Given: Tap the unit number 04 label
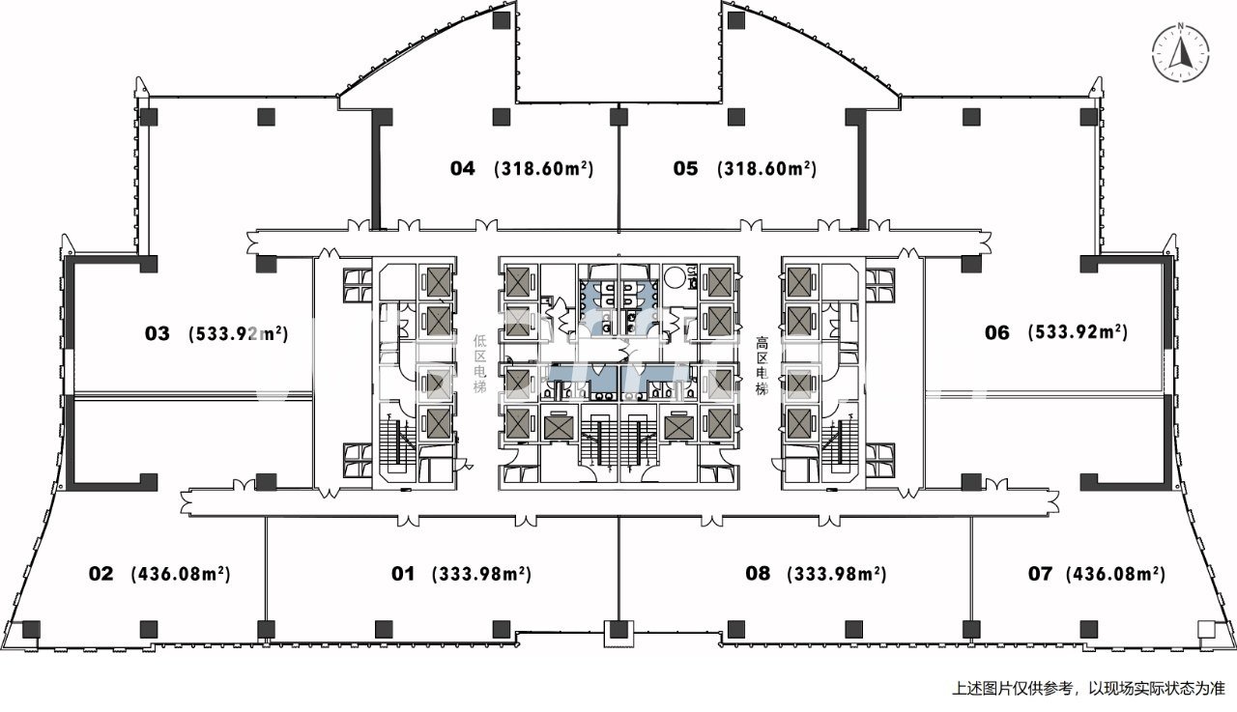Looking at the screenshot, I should point(463,169).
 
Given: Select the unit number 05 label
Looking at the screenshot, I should point(685,169).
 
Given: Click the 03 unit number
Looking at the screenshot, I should point(158,334).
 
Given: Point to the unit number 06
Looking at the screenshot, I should point(997,333).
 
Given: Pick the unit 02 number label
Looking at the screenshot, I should point(101,574).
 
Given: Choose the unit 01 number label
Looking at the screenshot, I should point(403,574).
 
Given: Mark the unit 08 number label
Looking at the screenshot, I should point(759,574).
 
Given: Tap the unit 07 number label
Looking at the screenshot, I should point(1040,574).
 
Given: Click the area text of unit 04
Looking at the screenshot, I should point(543,169).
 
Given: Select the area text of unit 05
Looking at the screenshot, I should point(767,169).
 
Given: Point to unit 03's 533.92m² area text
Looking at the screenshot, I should point(239,334).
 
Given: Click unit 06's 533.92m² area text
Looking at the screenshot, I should point(1078,333).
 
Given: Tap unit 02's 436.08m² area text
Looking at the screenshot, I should point(180,574).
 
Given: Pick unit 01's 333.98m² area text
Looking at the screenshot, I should point(481,574).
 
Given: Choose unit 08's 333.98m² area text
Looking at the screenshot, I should point(837,574).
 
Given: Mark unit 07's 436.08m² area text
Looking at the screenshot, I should point(1115,574).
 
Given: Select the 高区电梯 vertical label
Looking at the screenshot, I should point(762,364).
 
